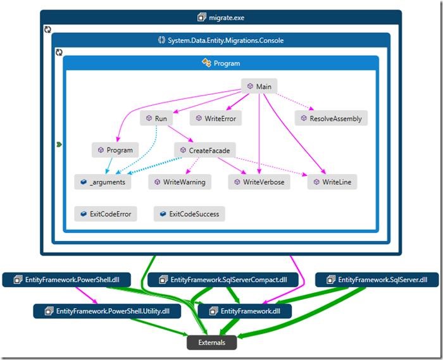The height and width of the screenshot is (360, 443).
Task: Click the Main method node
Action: (259, 86)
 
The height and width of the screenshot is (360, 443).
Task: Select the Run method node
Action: (156, 118)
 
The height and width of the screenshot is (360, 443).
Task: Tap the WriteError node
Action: (216, 118)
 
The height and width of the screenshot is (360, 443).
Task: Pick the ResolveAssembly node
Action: (331, 118)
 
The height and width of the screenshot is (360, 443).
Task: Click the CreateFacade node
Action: (205, 150)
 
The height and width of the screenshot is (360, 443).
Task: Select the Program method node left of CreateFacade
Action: (115, 150)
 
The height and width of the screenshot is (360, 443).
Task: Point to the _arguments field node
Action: (103, 182)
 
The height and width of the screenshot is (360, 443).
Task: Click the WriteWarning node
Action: (180, 182)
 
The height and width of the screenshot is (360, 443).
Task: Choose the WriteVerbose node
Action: (259, 182)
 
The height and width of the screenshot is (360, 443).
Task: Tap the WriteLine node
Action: (333, 182)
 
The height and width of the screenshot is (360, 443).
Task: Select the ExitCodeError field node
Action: (106, 214)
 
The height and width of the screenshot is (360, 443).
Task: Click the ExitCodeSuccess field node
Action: (189, 214)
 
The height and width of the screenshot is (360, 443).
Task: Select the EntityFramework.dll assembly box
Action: (244, 311)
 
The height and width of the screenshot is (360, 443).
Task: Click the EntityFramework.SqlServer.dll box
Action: (377, 279)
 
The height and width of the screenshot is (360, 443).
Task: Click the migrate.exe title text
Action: (221, 18)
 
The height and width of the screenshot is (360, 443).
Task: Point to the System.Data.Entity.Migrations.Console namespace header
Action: (220, 40)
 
